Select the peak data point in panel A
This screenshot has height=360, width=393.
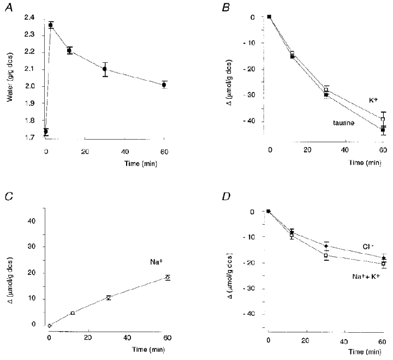(51, 25)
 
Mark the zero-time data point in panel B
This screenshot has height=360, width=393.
(270, 16)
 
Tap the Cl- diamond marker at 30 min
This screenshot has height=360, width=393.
(326, 246)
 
